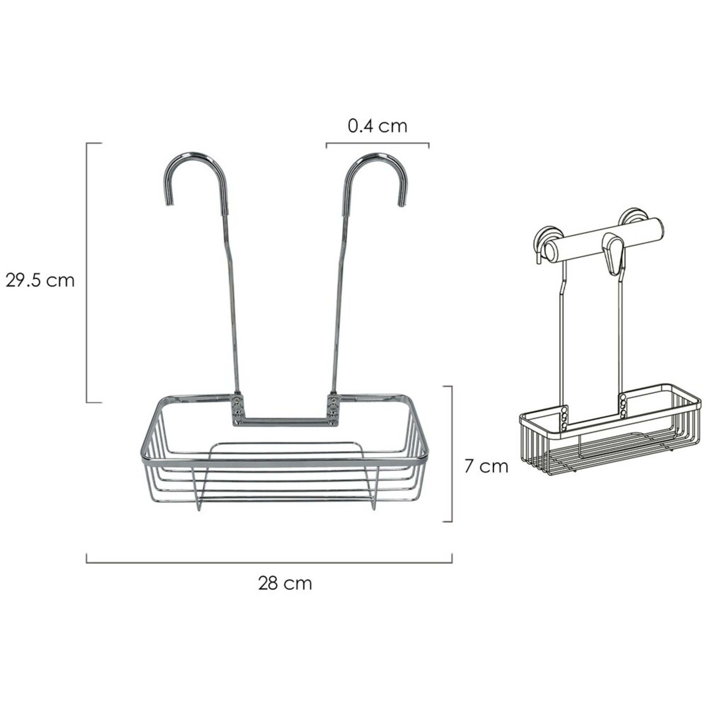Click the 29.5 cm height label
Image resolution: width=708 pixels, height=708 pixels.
pos(40,281)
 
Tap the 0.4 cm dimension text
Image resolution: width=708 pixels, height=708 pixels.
pos(377,126)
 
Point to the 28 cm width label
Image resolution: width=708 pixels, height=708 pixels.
pos(285,584)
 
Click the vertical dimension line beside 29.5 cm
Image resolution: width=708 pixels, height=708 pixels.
pos(87,273)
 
